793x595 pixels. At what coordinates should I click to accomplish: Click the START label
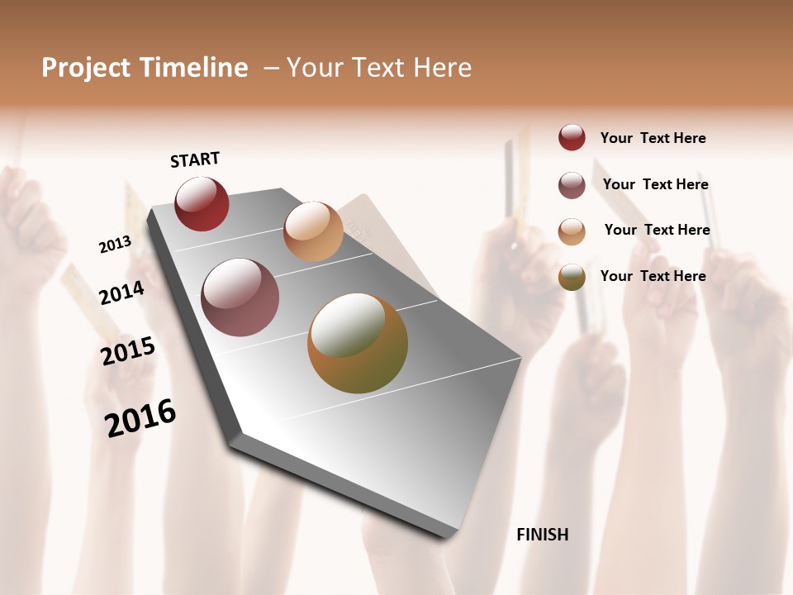click(195, 159)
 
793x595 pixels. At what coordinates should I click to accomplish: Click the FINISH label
click(543, 535)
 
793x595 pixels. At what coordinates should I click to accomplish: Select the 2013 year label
click(115, 245)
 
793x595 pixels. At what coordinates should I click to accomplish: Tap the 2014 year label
click(122, 293)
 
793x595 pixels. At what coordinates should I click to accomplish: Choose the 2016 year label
click(140, 417)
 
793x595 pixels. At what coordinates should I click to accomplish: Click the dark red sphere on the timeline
click(202, 203)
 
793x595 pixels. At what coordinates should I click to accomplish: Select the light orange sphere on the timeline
click(313, 231)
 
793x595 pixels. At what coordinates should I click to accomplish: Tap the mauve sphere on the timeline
click(240, 297)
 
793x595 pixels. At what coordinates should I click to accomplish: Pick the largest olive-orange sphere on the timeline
click(358, 343)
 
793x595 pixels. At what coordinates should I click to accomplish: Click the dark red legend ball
click(572, 138)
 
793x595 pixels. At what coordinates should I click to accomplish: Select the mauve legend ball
click(572, 185)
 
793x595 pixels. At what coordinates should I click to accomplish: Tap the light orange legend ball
click(572, 231)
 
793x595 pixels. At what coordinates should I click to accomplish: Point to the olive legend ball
click(572, 277)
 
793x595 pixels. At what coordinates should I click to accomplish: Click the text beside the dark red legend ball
click(653, 138)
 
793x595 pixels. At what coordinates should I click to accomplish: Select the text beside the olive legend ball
click(653, 276)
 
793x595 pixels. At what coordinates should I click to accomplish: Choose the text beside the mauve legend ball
click(655, 184)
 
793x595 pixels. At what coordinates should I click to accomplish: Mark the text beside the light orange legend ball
click(657, 230)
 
